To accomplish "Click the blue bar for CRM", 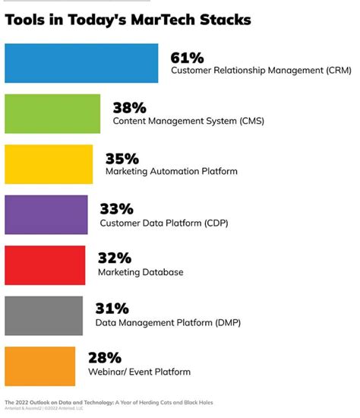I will click(81, 63).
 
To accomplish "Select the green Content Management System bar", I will click(52, 113).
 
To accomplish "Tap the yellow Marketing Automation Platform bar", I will click(49, 164).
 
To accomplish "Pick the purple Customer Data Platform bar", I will click(46, 214).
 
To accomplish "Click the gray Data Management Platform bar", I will click(43, 315).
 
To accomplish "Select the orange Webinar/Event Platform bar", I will click(40, 366).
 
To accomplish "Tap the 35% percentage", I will click(123, 158).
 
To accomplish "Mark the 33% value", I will click(117, 208).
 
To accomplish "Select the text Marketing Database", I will click(141, 272).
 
